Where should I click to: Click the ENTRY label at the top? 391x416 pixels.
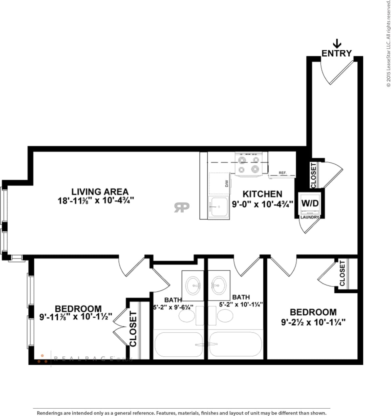tap(336, 53)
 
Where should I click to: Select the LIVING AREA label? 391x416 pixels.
tap(100, 192)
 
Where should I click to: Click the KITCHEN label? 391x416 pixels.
tap(262, 194)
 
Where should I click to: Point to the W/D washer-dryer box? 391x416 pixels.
tap(310, 203)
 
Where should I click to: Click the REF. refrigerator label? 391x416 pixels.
tap(282, 173)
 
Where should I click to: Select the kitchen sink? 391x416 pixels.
tap(218, 207)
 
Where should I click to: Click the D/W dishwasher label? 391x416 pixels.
tap(227, 184)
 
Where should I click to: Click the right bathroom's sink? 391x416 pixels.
tap(219, 283)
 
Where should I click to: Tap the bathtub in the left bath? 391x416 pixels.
tap(179, 345)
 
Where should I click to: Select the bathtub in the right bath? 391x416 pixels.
tap(235, 345)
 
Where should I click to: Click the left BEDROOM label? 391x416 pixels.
tap(78, 309)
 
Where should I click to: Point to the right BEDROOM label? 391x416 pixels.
tap(313, 312)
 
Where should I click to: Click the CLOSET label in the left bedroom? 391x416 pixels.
tap(133, 329)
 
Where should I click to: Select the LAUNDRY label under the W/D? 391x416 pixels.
tap(310, 217)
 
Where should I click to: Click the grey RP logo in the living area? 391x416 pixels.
tap(182, 207)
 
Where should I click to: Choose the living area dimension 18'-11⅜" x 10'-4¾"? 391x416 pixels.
tap(96, 201)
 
